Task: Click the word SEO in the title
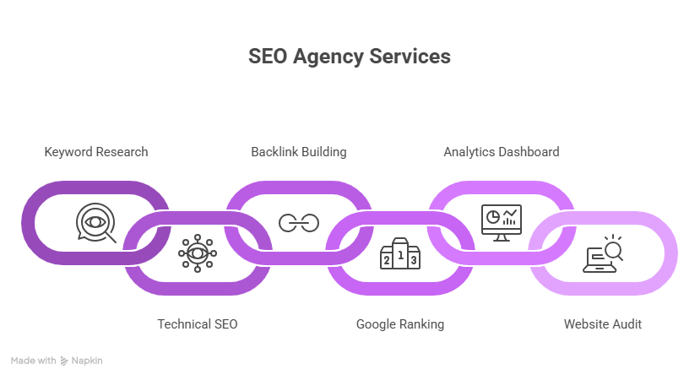266,57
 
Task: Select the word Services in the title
411,57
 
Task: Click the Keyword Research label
96,152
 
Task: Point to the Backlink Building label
299,152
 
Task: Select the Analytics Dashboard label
502,152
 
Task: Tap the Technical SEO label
198,324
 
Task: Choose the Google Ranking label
400,324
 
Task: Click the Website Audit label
603,324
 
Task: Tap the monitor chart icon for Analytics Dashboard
502,222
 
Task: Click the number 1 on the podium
400,252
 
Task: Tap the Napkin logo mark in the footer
65,361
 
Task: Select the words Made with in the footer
34,361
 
